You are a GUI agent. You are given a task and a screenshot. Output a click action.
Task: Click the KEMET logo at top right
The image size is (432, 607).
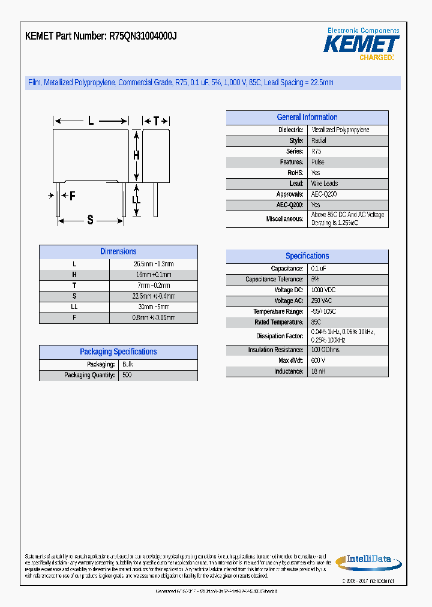[x=361, y=44]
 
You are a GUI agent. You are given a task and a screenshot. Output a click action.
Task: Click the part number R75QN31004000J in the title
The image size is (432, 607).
[x=143, y=36]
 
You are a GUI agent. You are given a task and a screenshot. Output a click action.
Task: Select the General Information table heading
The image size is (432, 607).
[x=307, y=118]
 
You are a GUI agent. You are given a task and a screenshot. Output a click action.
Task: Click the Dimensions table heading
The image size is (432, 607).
[x=118, y=252]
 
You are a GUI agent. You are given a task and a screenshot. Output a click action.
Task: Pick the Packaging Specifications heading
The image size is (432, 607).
[x=118, y=352]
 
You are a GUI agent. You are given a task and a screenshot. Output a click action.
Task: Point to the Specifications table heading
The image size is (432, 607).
[x=307, y=256]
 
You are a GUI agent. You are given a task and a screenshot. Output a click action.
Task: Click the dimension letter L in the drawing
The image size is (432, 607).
[x=91, y=121]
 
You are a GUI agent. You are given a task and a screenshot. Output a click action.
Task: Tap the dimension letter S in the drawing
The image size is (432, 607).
[x=91, y=220]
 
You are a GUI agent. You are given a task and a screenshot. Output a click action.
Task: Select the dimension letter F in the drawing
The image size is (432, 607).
[x=72, y=196]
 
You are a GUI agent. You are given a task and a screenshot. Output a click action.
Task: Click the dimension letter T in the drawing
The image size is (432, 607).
[x=156, y=121]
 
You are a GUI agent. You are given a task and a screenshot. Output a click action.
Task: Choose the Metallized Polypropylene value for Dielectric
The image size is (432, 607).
[x=340, y=130]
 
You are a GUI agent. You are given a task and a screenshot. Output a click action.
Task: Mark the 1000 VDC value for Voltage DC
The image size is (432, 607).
[x=323, y=290]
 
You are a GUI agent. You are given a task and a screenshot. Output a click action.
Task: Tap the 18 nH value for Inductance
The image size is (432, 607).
[x=319, y=372]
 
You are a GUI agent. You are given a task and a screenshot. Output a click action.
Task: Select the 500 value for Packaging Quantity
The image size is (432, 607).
[x=127, y=375]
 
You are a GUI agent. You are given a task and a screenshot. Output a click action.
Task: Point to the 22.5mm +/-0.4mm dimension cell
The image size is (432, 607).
[x=153, y=296]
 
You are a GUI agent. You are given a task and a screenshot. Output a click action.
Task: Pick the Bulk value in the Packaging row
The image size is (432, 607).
[x=127, y=365]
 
